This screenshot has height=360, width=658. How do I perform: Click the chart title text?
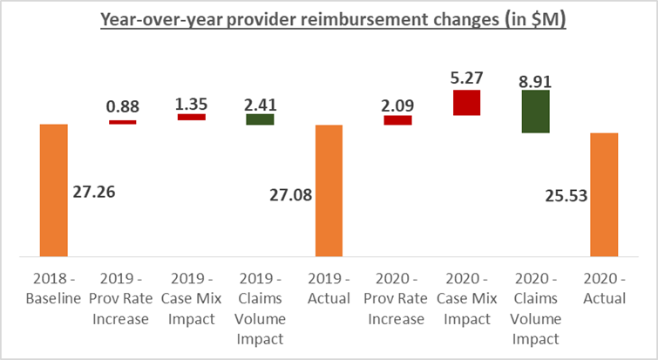(x=329, y=20)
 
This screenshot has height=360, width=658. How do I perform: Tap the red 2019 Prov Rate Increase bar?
(x=122, y=122)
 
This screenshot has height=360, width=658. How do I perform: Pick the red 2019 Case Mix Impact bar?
(x=191, y=116)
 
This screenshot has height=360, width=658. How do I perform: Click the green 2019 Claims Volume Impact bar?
(x=260, y=119)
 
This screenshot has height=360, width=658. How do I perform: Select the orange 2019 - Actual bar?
(x=329, y=191)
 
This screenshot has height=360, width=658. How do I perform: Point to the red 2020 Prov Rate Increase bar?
(x=397, y=120)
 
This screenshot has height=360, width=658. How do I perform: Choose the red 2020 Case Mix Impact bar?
(x=466, y=103)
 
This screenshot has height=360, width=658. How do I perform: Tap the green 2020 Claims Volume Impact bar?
(x=535, y=112)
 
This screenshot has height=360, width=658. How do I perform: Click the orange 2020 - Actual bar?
(x=604, y=195)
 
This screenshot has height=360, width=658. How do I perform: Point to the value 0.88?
(x=123, y=109)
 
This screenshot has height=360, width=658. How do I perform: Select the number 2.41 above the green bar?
(x=260, y=103)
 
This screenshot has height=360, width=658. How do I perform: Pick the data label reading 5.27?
(x=466, y=78)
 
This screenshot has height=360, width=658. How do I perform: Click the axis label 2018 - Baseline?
(x=53, y=290)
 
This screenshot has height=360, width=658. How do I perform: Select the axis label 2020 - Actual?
(x=604, y=290)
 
